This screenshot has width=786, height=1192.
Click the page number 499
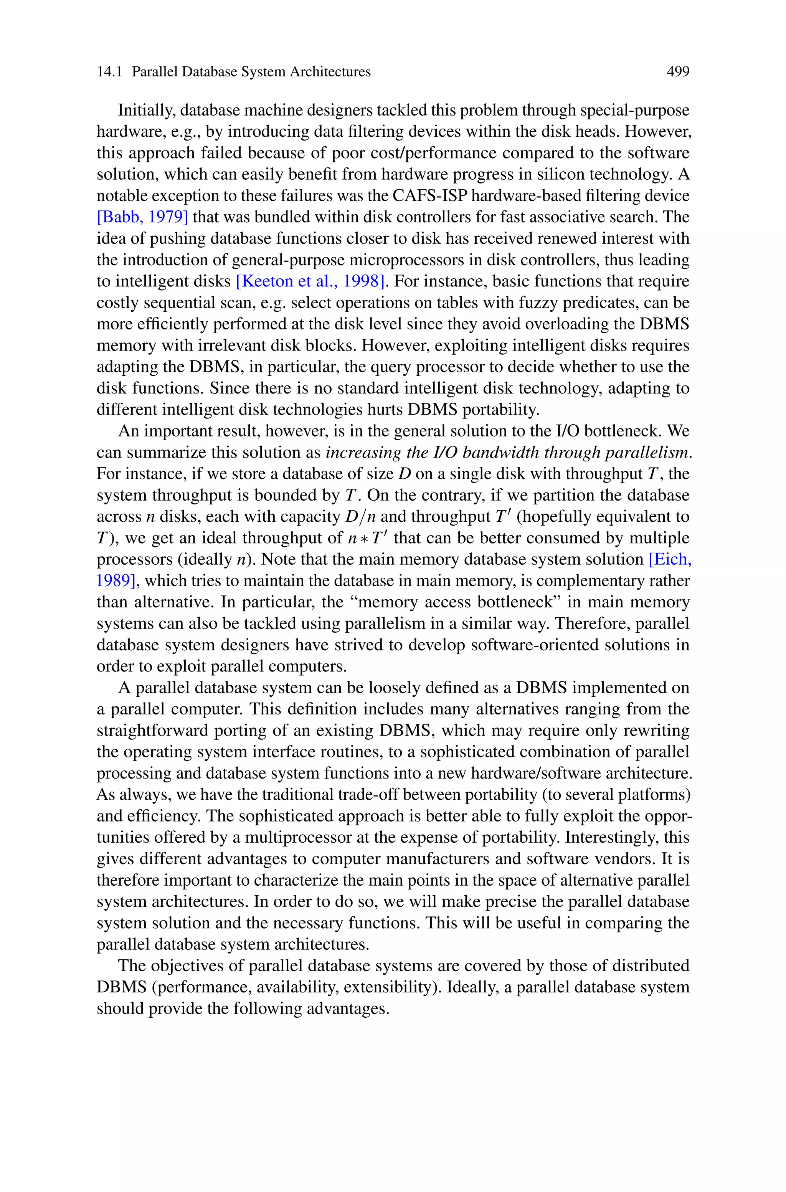click(x=678, y=72)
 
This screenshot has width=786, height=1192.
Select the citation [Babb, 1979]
click(x=142, y=217)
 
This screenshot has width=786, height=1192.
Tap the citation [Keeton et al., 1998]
click(x=310, y=281)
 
